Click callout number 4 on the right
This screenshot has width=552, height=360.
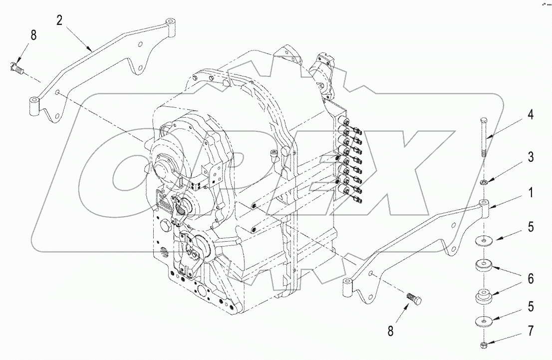point(531,115)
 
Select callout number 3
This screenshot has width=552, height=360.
point(531,158)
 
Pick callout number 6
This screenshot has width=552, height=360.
point(531,279)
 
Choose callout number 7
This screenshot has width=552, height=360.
point(531,331)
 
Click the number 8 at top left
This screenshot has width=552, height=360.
point(33,35)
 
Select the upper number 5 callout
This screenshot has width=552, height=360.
point(531,227)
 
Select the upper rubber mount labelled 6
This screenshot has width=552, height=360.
point(484,265)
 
